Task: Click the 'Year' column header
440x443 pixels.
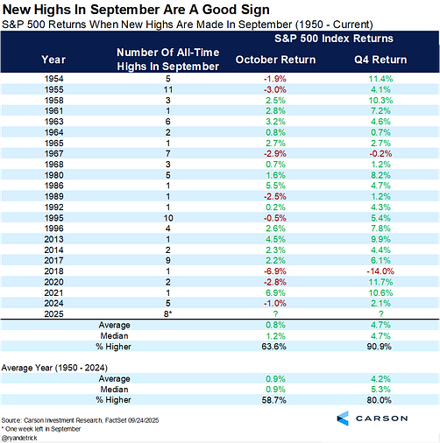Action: (53, 59)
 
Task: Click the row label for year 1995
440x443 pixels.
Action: (53, 215)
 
